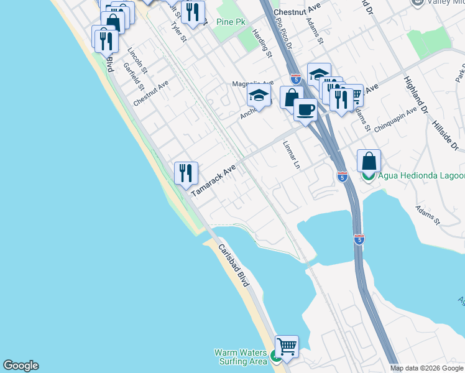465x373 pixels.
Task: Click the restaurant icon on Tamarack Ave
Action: click(x=186, y=172)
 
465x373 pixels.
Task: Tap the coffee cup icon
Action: click(x=305, y=109)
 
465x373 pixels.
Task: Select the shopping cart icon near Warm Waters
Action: click(x=286, y=346)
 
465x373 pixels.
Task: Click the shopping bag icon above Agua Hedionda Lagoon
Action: click(x=369, y=160)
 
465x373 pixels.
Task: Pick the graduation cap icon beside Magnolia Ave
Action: click(x=259, y=96)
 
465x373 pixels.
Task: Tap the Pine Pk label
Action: click(x=231, y=22)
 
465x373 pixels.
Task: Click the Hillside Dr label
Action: click(x=445, y=134)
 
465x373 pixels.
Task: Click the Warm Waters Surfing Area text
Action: click(x=241, y=357)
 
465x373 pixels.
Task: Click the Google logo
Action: click(x=21, y=366)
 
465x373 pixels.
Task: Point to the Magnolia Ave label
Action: click(x=252, y=83)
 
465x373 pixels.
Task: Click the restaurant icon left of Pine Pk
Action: click(x=193, y=11)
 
